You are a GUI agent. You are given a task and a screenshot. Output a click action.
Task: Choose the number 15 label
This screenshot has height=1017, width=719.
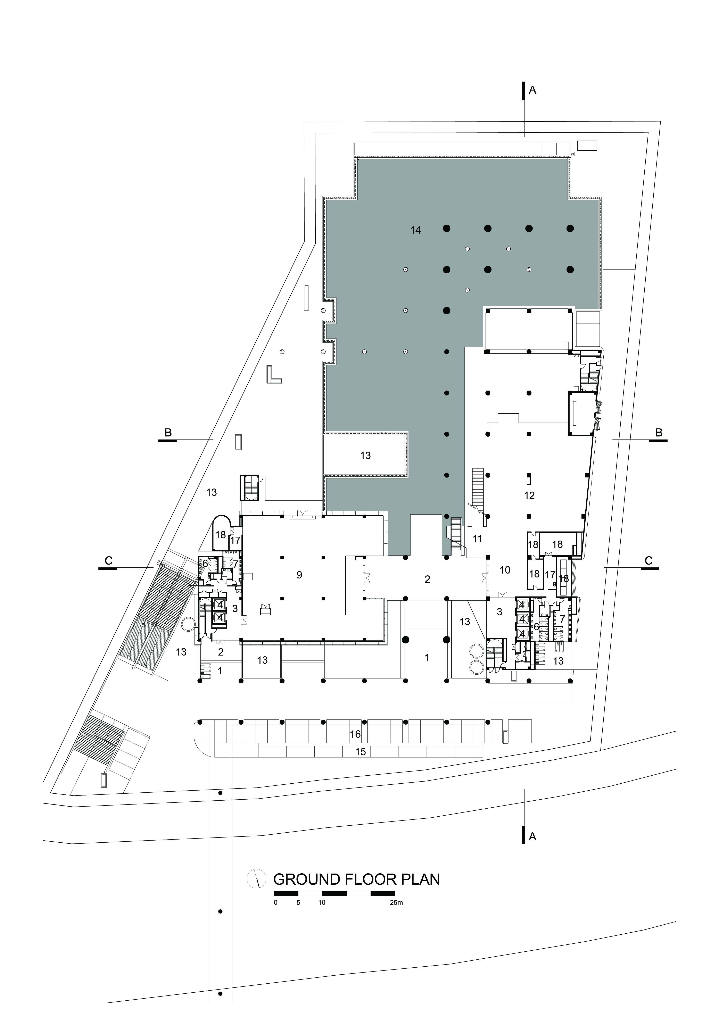(x=361, y=752)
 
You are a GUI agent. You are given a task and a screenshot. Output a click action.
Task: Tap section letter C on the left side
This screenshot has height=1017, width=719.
(x=109, y=561)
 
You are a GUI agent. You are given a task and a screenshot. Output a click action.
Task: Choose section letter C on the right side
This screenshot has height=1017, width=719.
(x=648, y=561)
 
